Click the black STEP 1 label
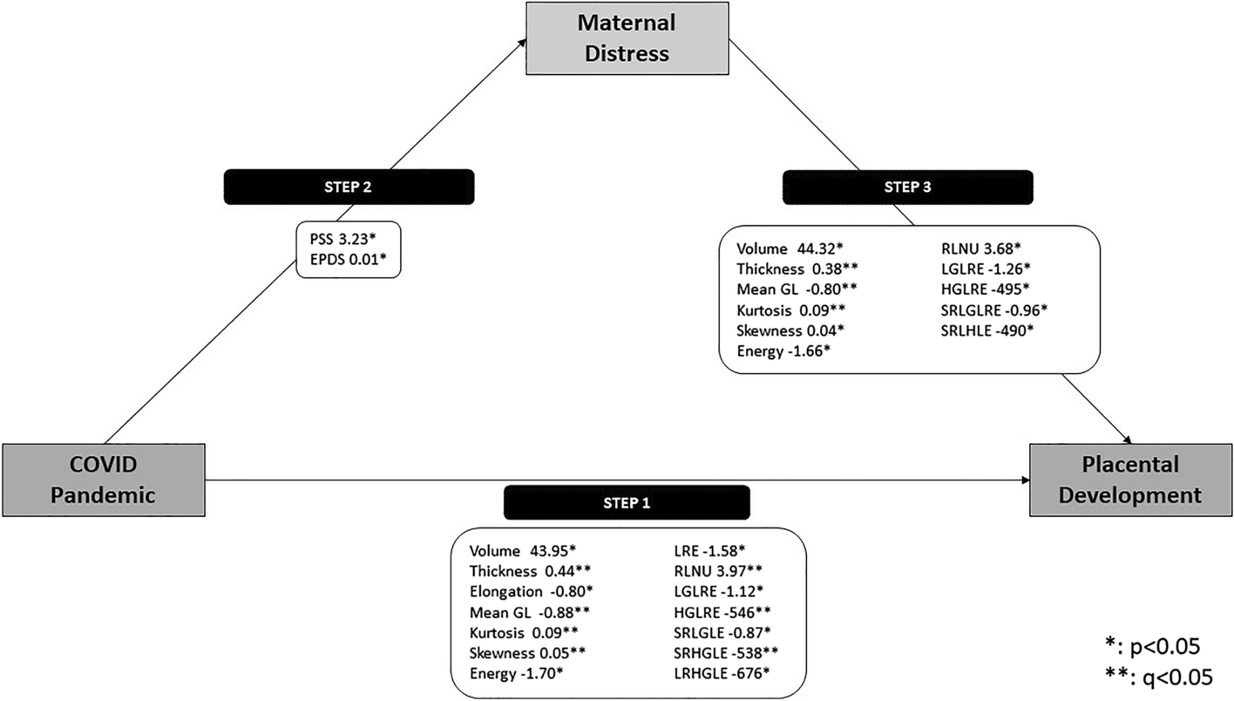tap(627, 503)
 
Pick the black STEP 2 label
tap(349, 186)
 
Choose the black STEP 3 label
tap(907, 187)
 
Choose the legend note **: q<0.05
tap(1156, 677)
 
